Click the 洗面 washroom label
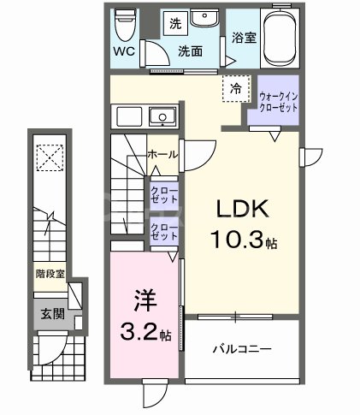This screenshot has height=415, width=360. pos(189,51)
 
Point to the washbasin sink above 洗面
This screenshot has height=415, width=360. pos(203,21)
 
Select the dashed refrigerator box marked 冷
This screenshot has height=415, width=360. pos(233,87)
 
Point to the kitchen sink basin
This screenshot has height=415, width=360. pos(160,117)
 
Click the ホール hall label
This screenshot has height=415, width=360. pos(162,155)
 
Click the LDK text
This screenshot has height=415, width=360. pos(236,210)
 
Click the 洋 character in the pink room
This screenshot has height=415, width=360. pos(143,301)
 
